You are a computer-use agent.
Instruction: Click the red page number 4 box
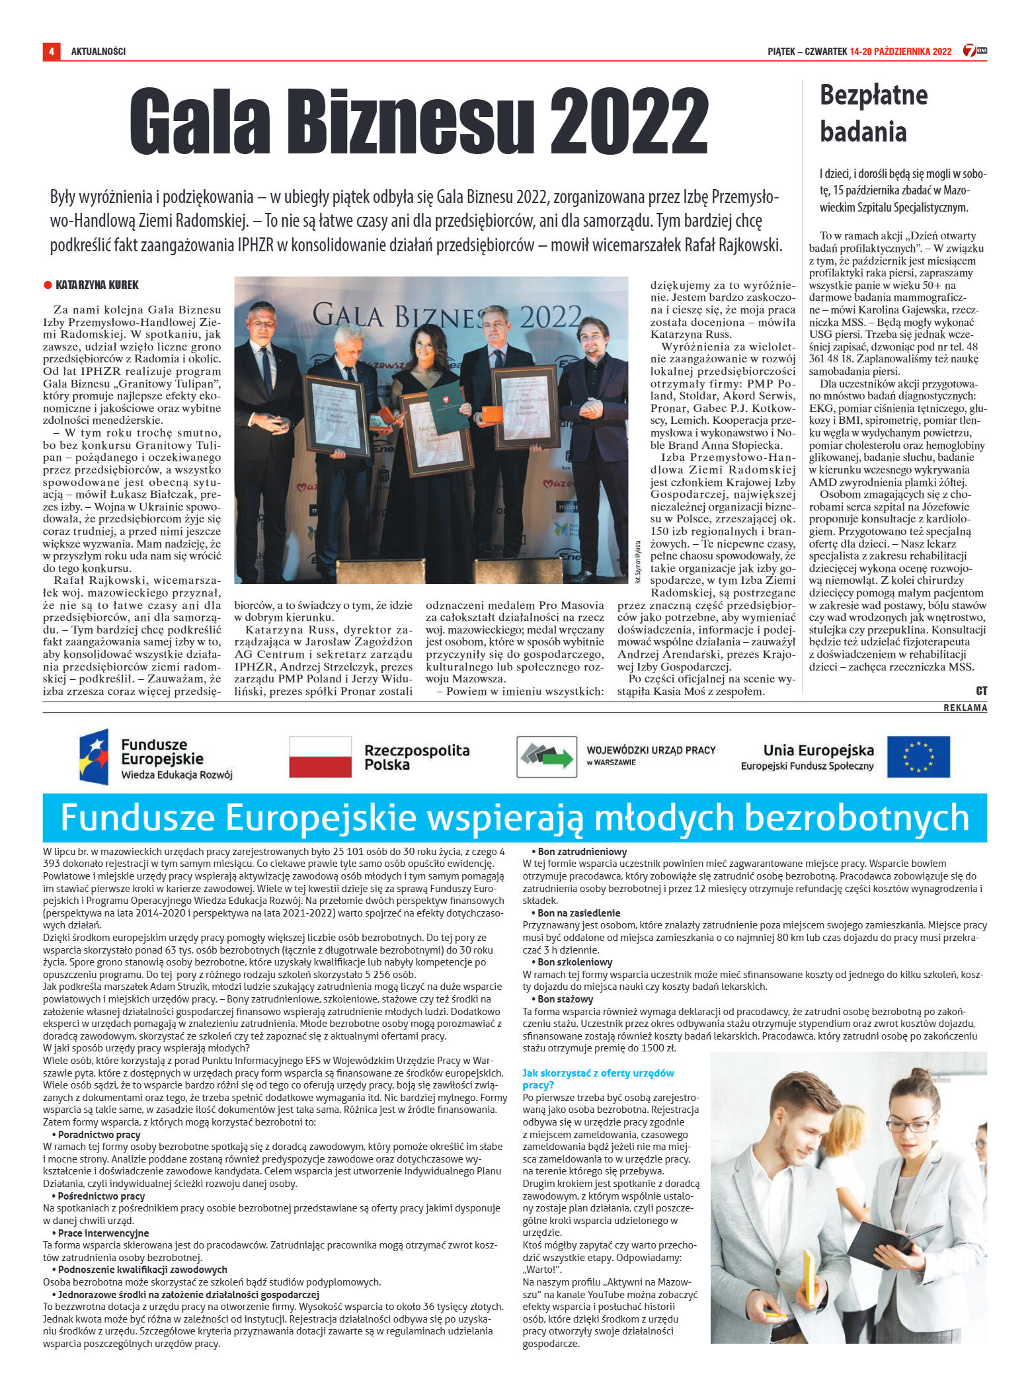pyautogui.click(x=50, y=51)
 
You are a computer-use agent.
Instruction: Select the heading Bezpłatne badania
pyautogui.click(x=873, y=113)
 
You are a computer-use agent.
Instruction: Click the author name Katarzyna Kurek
pyautogui.click(x=97, y=285)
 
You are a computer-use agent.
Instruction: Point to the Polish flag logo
pyautogui.click(x=320, y=756)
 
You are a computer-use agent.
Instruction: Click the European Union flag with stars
pyautogui.click(x=918, y=756)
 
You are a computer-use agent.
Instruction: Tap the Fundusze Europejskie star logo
pyautogui.click(x=94, y=756)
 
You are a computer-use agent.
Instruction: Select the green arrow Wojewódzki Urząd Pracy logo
pyautogui.click(x=546, y=756)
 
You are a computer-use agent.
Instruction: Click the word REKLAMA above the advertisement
pyautogui.click(x=965, y=708)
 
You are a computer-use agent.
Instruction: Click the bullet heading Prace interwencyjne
pyautogui.click(x=94, y=1233)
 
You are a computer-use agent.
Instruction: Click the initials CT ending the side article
pyautogui.click(x=981, y=690)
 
